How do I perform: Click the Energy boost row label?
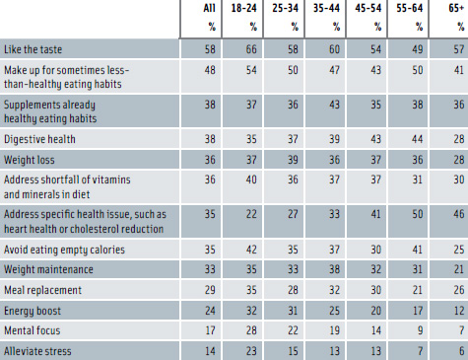(36, 286)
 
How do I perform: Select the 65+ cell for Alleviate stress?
(447, 324)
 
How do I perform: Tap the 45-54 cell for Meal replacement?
(364, 267)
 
